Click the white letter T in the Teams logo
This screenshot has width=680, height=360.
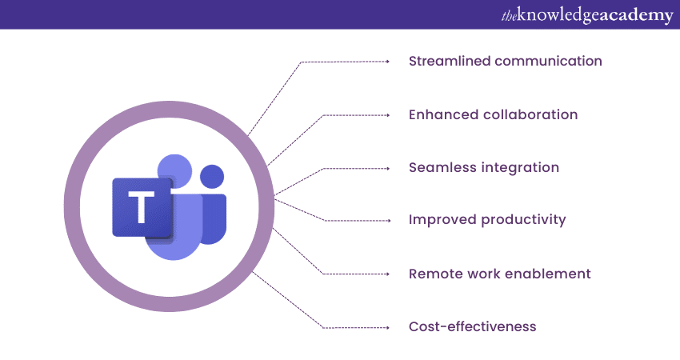point(142,207)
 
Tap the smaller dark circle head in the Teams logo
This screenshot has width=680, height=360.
point(212,177)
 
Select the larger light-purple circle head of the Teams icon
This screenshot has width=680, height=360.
point(174,170)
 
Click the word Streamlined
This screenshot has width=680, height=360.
point(450,61)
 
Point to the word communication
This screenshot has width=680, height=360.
point(549,61)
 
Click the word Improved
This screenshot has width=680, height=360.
point(442,220)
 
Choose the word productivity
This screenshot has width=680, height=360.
point(524,220)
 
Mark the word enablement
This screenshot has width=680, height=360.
point(548,274)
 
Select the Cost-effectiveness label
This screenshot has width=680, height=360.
point(473,326)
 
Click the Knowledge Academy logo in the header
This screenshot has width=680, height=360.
point(587,15)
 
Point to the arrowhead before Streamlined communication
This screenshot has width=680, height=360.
point(388,62)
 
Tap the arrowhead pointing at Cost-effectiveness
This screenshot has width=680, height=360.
point(388,327)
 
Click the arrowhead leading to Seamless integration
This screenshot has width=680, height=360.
point(388,168)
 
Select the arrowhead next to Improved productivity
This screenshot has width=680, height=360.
point(389,221)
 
